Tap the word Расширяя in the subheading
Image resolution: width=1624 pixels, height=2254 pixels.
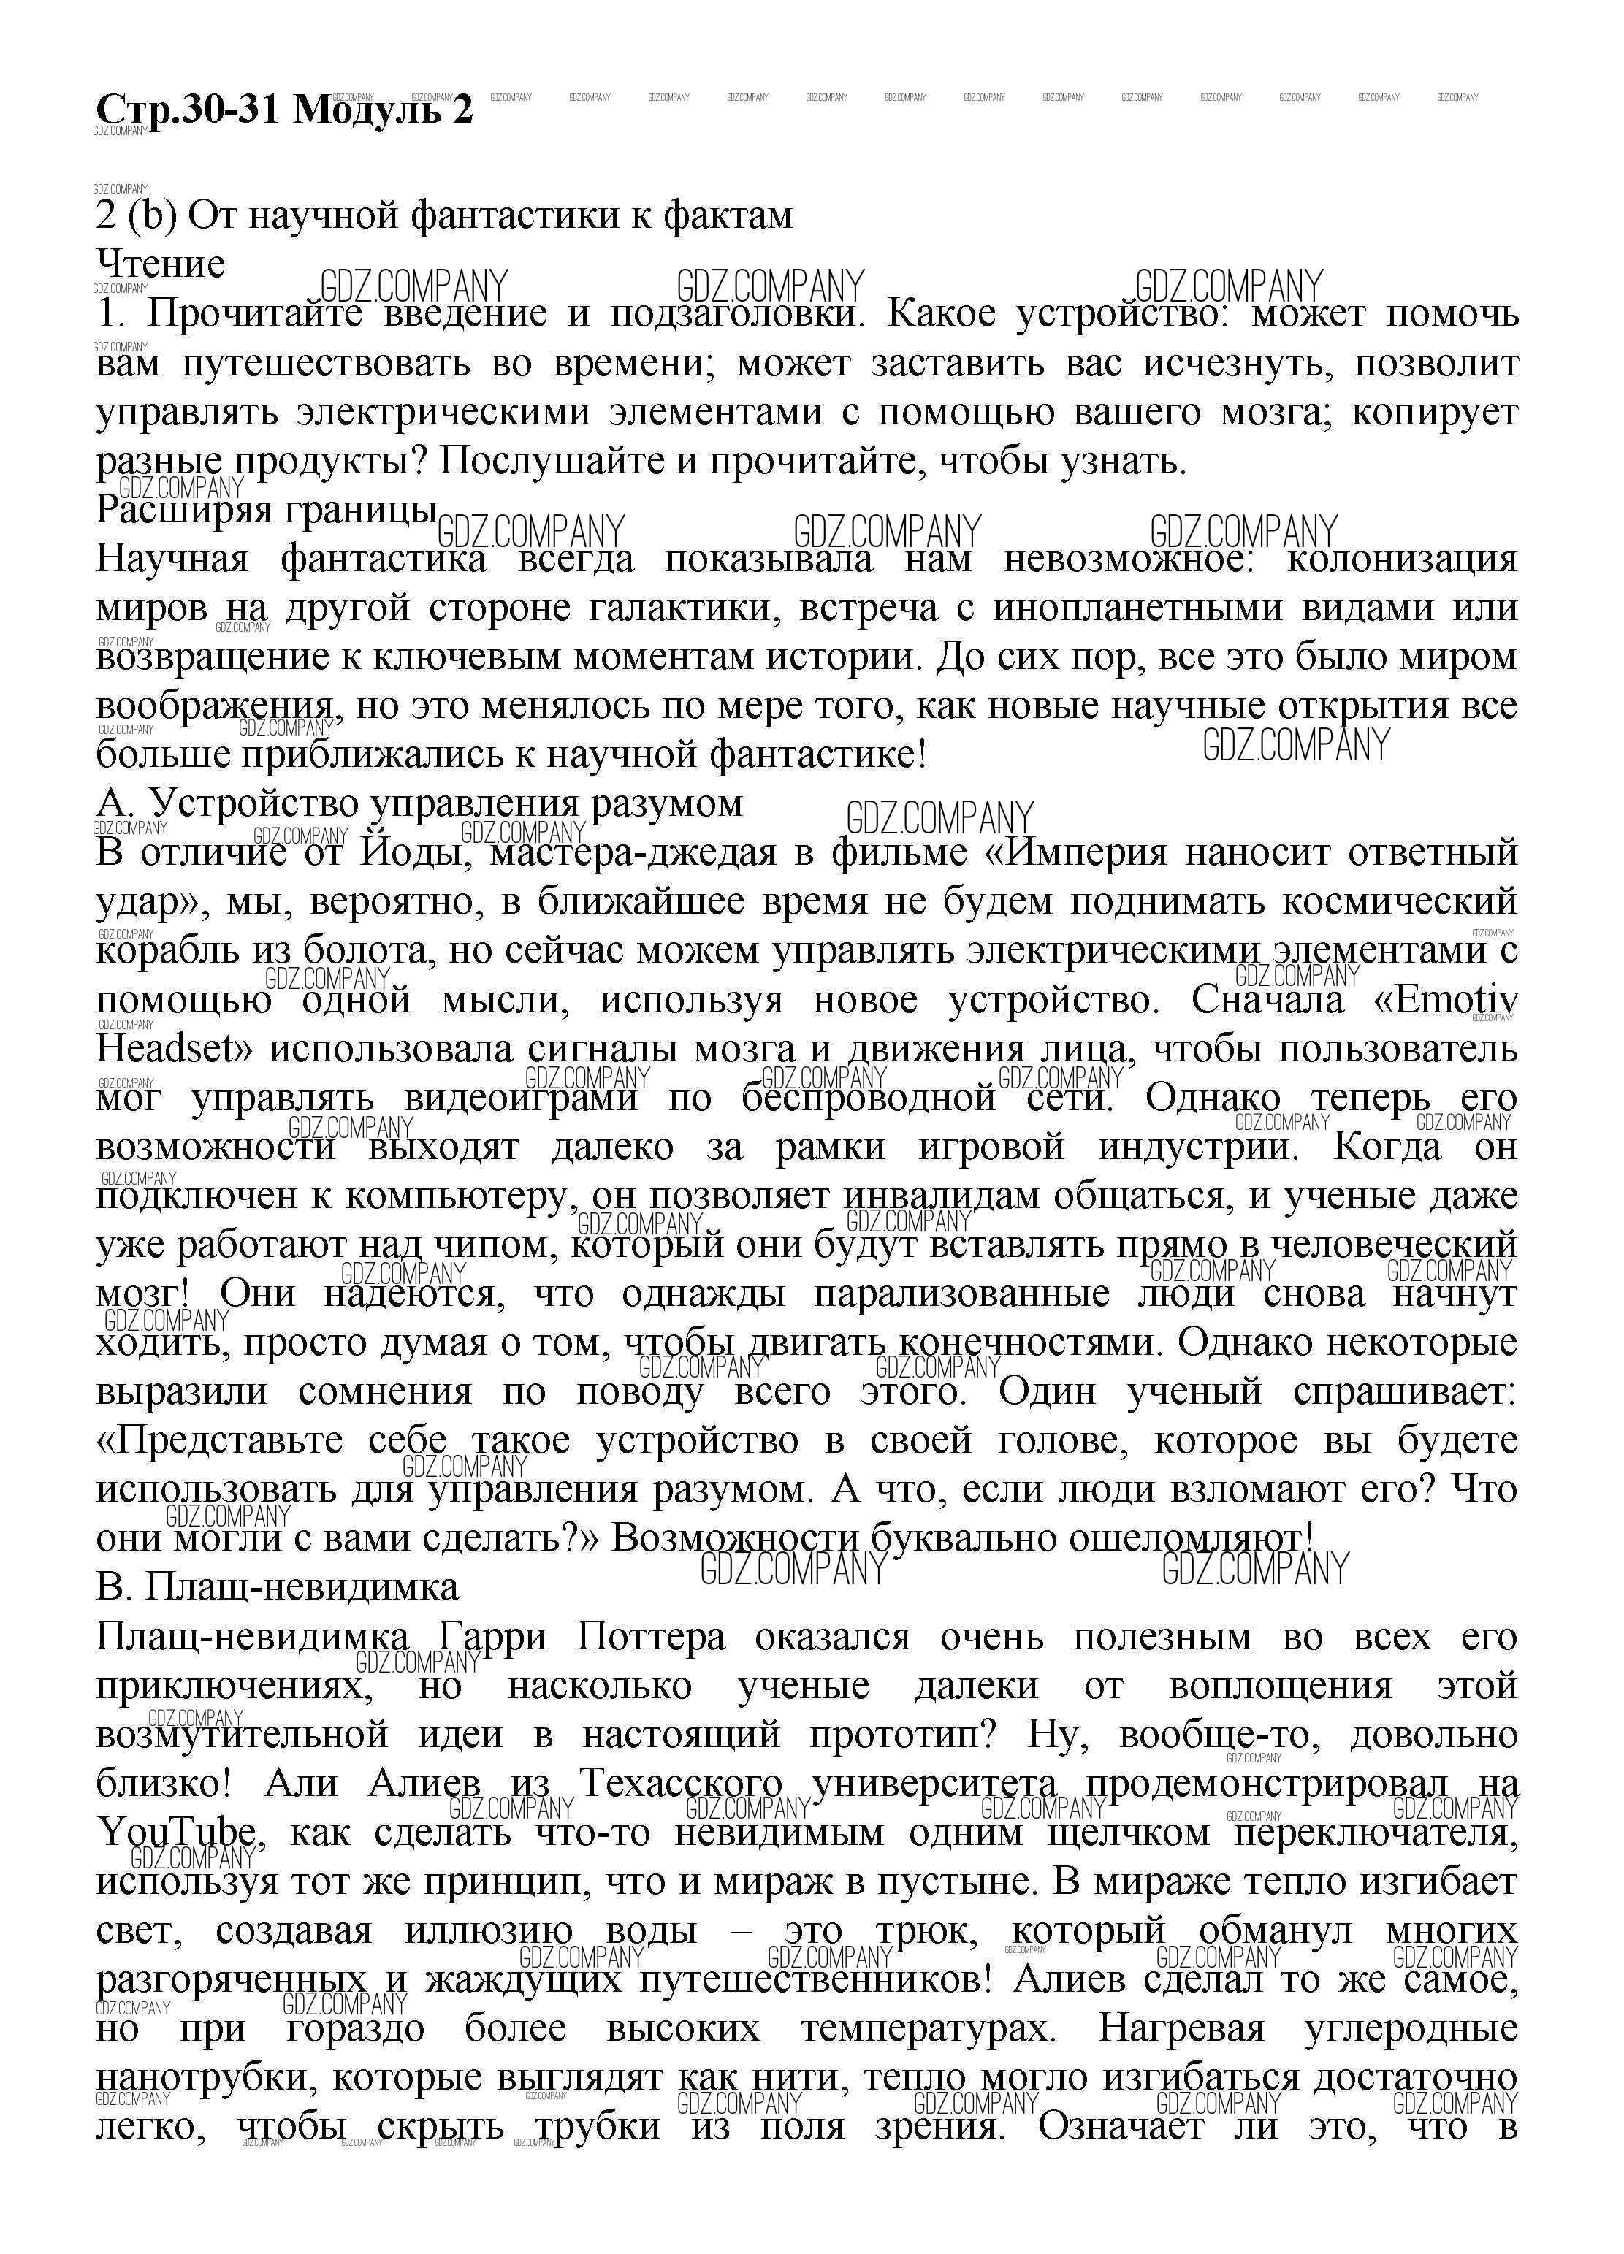click(x=182, y=510)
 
